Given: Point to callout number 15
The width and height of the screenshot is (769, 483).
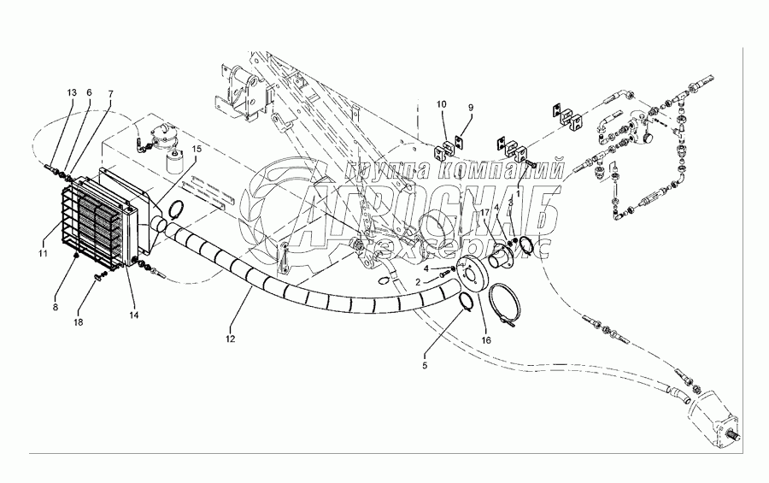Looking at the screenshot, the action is click(x=197, y=149).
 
